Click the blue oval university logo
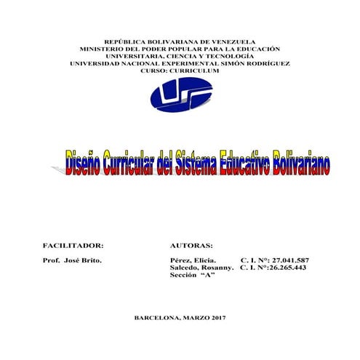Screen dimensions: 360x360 tap(180, 95)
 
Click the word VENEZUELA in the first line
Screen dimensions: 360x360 tap(231, 41)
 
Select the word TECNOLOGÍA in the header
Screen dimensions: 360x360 tap(228, 56)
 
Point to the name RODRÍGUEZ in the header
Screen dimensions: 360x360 tap(264, 63)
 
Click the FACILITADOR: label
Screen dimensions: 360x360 tap(73, 246)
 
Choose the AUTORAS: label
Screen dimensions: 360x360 tap(191, 246)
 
